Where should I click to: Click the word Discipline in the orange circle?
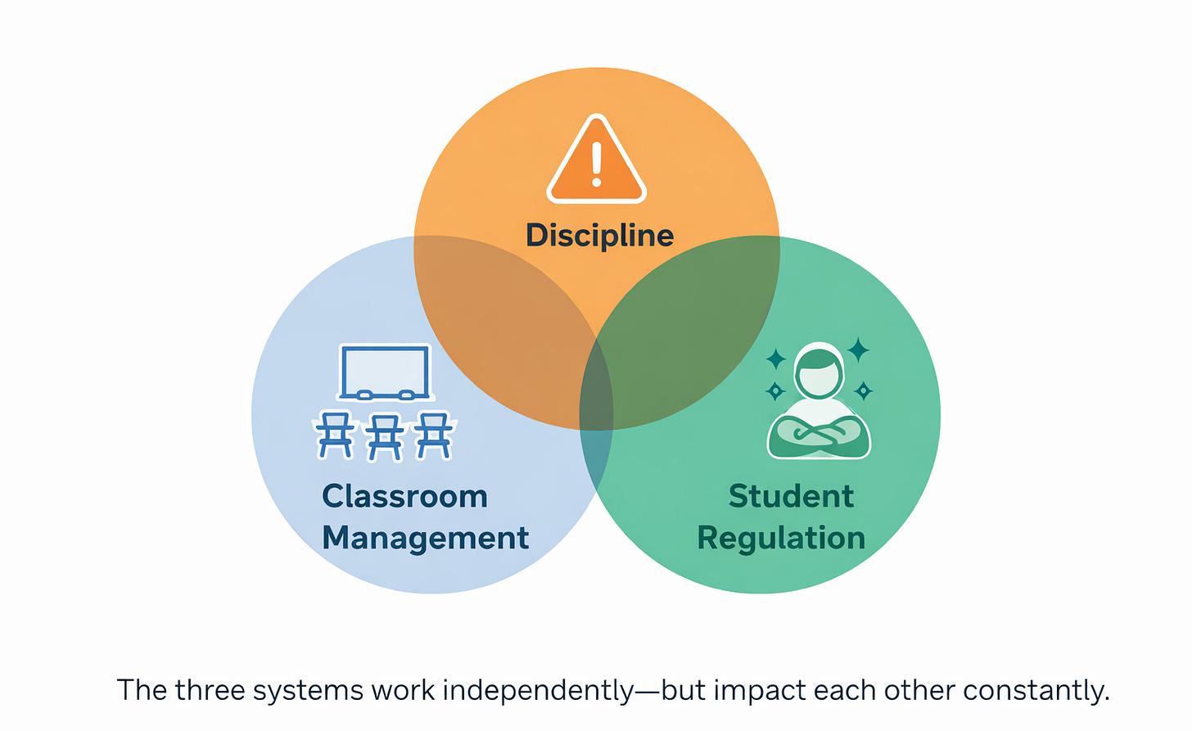coord(599,236)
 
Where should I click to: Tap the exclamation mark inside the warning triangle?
coord(597,163)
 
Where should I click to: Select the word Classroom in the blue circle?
coord(404,497)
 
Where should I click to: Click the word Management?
coord(425,539)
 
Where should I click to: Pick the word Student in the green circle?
coord(791,497)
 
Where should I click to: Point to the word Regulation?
coord(781,539)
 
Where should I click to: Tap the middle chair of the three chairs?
coord(385,436)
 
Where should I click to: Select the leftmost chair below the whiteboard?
coord(335,435)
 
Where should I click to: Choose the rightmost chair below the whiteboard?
coord(434,435)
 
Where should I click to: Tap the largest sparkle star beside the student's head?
coord(858,350)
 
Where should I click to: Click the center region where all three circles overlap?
coord(597,393)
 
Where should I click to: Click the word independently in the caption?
coord(538,691)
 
